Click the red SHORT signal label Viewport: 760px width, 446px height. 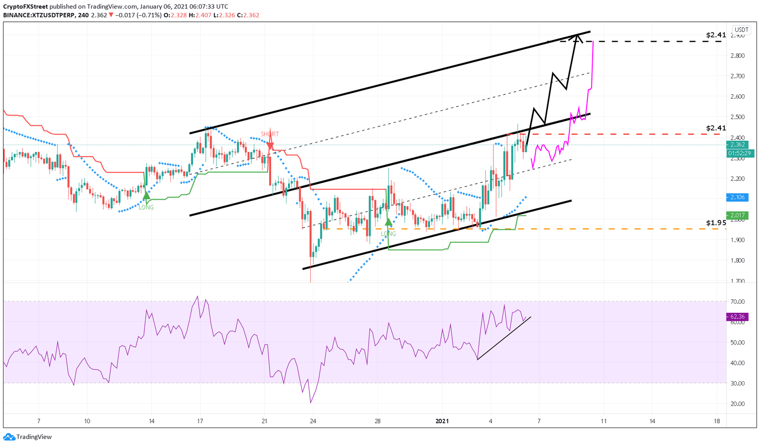270,134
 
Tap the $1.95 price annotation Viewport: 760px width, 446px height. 716,223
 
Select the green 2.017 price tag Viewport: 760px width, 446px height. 737,215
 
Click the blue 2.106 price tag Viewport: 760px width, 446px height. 737,197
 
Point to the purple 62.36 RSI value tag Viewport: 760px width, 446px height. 737,317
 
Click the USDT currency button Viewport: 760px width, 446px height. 741,30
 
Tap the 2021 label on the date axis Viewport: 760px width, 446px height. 442,421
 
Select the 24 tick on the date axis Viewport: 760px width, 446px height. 313,421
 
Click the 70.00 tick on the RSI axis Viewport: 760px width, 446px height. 737,301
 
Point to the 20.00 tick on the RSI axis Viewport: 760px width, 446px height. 737,404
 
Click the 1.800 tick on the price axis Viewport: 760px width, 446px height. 737,261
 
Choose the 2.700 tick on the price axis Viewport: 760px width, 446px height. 737,76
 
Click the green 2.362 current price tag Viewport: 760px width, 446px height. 737,145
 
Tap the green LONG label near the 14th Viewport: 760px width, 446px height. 146,207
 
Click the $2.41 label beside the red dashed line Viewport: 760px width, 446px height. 716,128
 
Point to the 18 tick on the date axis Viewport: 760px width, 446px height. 717,421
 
